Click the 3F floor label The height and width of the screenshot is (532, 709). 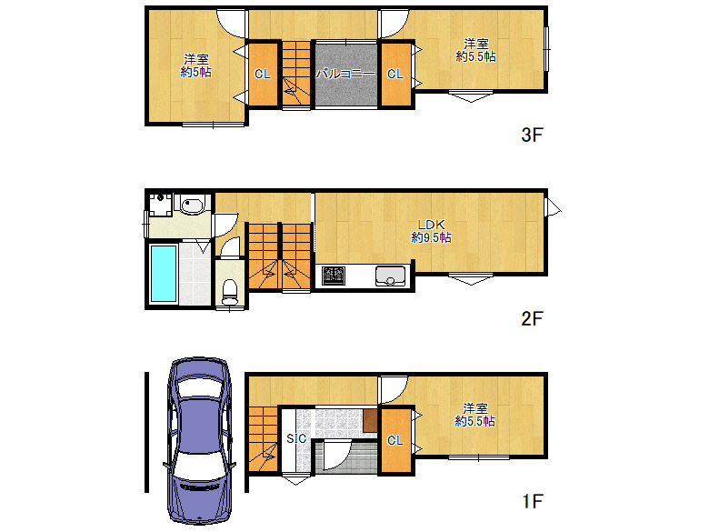coord(532,135)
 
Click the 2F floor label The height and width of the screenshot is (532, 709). coord(532,318)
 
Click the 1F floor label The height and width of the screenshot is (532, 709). coord(532,501)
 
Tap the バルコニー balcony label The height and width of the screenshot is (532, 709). coord(345,74)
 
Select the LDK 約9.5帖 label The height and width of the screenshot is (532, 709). coord(432,231)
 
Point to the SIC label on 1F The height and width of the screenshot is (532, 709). coord(296,438)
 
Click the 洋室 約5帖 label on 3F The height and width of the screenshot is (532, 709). coord(195,65)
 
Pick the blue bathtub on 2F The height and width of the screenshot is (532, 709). coord(164,273)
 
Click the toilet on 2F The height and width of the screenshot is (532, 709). coord(230,292)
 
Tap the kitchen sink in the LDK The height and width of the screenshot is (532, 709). coord(390,276)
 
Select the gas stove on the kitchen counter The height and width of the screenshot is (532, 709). coord(334,276)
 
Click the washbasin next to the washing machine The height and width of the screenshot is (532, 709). coord(193,205)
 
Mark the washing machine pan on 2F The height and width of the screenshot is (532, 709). coord(161,205)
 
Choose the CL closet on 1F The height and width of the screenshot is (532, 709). coord(395,440)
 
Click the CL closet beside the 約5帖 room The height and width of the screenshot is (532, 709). coord(263,75)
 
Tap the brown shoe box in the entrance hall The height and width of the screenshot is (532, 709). coord(370,420)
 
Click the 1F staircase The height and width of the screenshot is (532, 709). coord(264,439)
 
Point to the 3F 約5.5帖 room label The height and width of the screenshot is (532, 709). coord(475,50)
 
